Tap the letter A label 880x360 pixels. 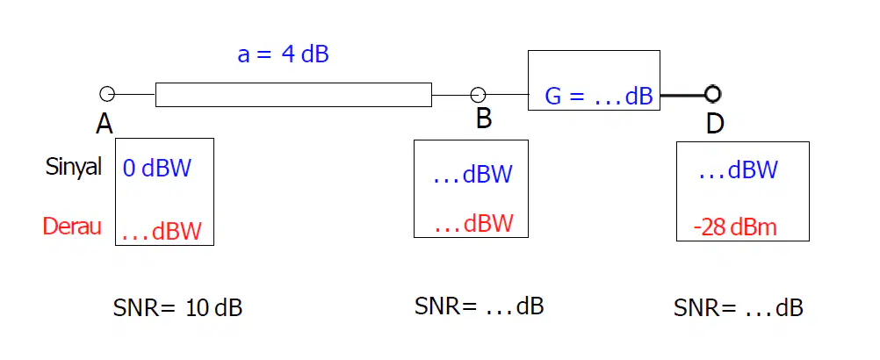click(x=105, y=123)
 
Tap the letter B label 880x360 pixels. click(x=484, y=119)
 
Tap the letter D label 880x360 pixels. click(x=714, y=124)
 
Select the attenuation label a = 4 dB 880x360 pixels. click(x=283, y=55)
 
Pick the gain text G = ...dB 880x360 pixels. click(x=599, y=97)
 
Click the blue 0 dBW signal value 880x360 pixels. click(x=157, y=169)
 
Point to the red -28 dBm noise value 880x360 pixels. click(x=735, y=227)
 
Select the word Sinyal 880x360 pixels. click(x=74, y=167)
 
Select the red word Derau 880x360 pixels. click(x=72, y=226)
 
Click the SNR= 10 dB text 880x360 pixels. click(x=177, y=308)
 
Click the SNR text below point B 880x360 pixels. click(x=479, y=306)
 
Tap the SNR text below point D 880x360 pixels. click(x=738, y=308)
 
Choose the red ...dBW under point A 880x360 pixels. click(x=162, y=231)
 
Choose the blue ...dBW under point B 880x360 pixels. click(x=473, y=175)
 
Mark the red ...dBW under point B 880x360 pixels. click(x=474, y=224)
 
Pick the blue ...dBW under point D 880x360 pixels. click(x=738, y=169)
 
